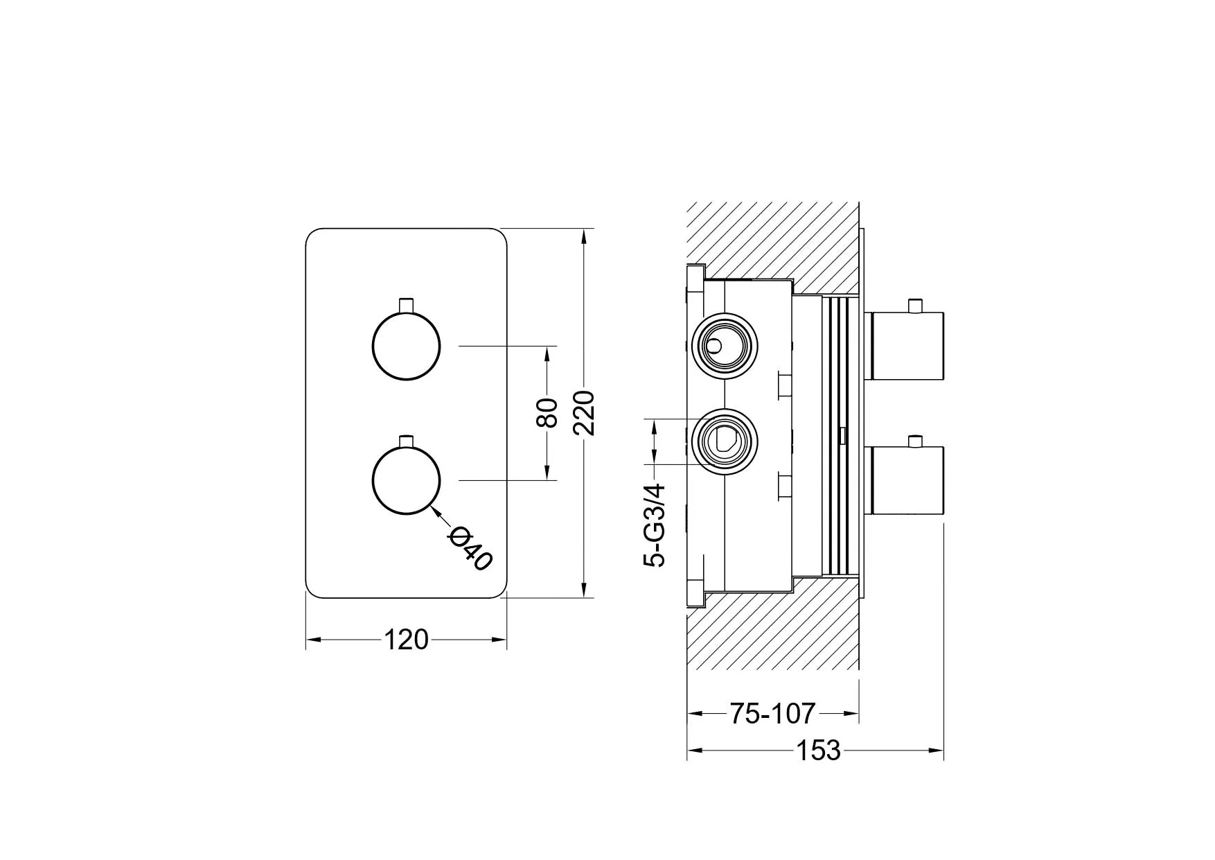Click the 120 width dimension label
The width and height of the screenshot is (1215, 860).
(406, 640)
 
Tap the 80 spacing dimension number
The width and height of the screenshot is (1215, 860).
(548, 413)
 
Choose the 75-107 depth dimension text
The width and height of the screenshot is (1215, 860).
(772, 712)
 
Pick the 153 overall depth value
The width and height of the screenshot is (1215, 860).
(817, 750)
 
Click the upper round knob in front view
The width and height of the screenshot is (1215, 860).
(407, 346)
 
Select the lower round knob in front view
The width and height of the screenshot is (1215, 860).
(407, 480)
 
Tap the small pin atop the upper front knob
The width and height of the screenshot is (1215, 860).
(407, 305)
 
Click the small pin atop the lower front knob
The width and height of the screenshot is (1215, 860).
(407, 440)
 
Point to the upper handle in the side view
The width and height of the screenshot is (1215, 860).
(906, 346)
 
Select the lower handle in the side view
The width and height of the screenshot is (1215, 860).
(906, 480)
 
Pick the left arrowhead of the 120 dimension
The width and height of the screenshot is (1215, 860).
(312, 640)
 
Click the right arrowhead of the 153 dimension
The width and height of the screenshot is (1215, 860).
(938, 750)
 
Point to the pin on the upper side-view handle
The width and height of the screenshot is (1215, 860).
(918, 305)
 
